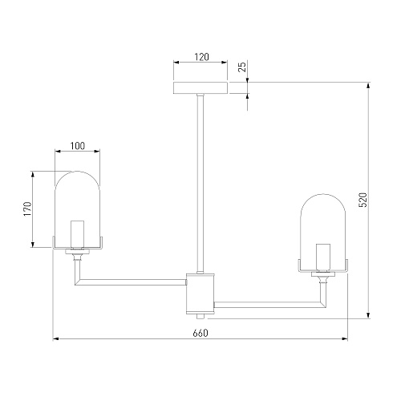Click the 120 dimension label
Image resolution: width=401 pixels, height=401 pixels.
click(201, 57)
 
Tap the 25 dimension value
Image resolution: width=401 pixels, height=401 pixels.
click(242, 67)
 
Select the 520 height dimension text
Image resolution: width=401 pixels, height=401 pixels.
click(363, 200)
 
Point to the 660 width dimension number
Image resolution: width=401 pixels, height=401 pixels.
click(200, 333)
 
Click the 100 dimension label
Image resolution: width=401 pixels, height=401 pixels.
click(78, 146)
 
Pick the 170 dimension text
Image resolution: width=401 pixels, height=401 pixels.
click(27, 209)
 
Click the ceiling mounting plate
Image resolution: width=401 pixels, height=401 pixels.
click(200, 88)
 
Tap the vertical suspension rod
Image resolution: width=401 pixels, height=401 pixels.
click(200, 183)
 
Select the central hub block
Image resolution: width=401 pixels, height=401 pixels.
click(200, 294)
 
